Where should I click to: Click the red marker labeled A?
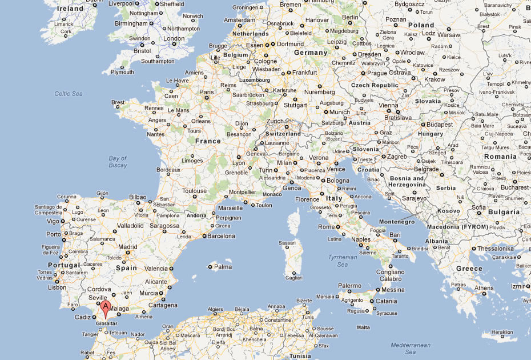tap(104, 307)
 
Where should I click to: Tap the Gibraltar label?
tap(107, 323)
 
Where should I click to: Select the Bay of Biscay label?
tap(118, 162)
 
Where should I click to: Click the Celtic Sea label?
tap(69, 94)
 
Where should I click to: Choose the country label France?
tap(207, 141)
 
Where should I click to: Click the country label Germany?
tap(310, 53)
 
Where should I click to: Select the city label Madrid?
tap(127, 247)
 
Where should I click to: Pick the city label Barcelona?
tap(221, 235)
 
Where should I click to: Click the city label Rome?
tap(326, 227)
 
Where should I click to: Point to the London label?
tap(174, 39)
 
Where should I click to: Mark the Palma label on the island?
tap(223, 267)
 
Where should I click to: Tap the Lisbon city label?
tap(57, 287)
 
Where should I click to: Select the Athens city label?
tap(484, 288)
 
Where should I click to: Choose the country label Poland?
tap(421, 25)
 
